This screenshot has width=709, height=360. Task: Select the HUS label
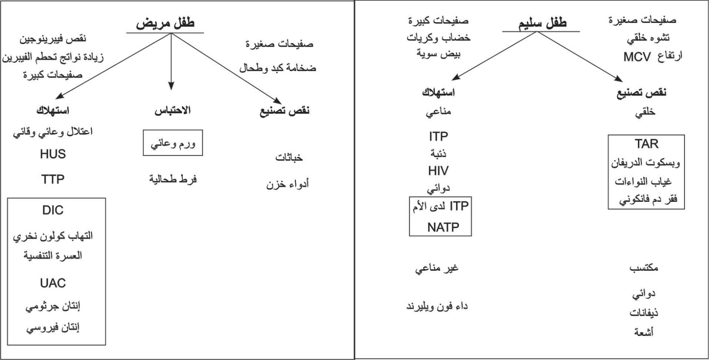tap(53, 154)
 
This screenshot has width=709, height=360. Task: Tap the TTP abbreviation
tap(53, 179)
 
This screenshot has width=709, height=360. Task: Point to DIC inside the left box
tap(53, 210)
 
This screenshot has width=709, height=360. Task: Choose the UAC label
tap(53, 283)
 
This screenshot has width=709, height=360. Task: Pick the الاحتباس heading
tap(173, 110)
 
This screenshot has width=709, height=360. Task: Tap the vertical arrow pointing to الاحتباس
tap(171, 62)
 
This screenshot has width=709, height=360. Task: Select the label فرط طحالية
tap(173, 180)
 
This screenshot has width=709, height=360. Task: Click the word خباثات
tap(289, 158)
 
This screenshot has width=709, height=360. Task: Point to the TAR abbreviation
tap(646, 144)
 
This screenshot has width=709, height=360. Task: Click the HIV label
tap(439, 171)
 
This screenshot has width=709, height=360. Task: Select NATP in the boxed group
tap(443, 227)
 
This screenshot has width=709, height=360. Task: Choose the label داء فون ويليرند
tap(437, 306)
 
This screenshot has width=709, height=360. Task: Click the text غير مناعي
tap(437, 268)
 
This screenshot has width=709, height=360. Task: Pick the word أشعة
tap(644, 332)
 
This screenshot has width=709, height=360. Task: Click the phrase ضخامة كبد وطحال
tap(278, 68)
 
